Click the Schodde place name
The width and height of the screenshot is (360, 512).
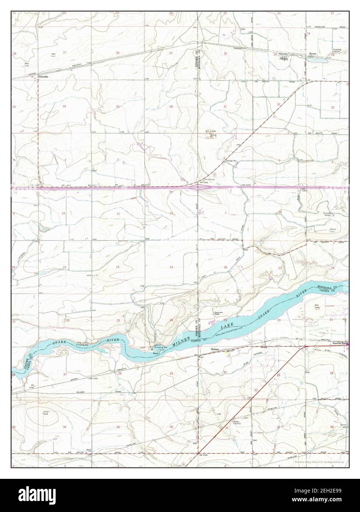tap(43, 77)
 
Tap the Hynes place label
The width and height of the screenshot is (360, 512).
tap(312, 53)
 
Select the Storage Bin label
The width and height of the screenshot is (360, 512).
tap(231, 161)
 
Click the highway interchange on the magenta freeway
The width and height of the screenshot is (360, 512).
tap(198, 187)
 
